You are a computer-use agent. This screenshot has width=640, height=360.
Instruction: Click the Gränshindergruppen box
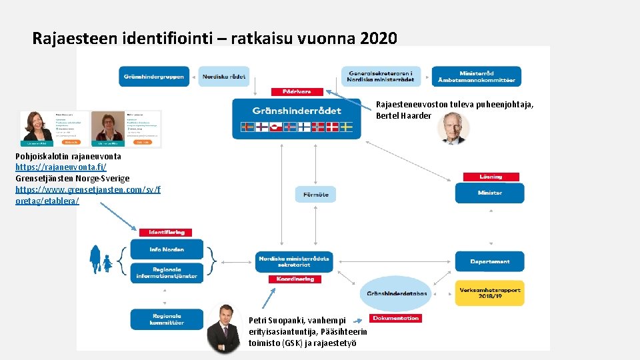153,76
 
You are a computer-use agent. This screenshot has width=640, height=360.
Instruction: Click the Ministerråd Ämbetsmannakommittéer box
476,76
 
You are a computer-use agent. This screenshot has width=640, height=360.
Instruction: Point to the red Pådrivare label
297,91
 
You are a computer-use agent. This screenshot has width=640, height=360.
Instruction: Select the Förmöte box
315,194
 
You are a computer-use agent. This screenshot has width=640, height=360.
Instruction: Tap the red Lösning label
490,177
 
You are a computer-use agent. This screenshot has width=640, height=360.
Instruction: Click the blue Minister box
490,193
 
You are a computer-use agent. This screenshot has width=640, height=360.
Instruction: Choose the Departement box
490,261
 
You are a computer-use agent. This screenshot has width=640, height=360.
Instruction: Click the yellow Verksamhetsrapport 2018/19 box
490,293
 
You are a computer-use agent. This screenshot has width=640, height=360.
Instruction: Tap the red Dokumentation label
396,318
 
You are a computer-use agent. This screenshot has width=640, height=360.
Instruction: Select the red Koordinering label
295,279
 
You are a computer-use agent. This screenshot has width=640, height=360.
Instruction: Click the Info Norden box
167,249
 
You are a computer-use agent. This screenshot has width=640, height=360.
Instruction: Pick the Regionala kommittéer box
167,319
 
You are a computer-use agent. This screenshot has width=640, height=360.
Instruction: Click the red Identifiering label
166,232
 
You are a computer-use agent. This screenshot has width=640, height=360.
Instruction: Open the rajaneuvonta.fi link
61,166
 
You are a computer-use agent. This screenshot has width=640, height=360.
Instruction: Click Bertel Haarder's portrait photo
453,128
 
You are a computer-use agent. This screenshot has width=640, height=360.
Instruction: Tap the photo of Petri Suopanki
223,328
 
